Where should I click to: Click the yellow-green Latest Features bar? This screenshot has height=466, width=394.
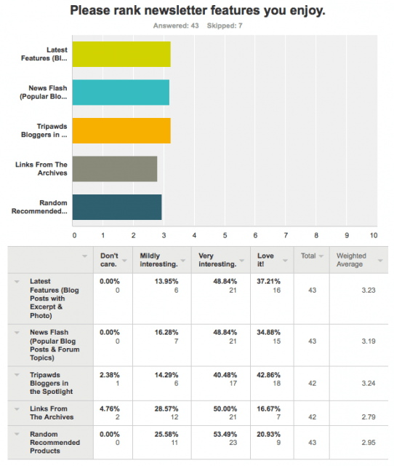coord(121,54)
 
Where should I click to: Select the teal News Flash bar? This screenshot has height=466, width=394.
coord(121,92)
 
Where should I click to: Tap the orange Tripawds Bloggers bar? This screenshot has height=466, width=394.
coord(121,131)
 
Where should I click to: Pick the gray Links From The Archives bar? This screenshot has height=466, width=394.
coord(115,169)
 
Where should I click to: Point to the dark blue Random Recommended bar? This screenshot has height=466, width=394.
coord(117,207)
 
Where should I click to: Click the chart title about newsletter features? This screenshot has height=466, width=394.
coord(198,10)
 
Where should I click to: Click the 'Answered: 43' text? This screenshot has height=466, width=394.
coord(176,26)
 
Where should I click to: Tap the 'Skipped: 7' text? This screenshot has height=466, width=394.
coord(225,26)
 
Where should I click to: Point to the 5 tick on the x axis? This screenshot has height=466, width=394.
coord(225,235)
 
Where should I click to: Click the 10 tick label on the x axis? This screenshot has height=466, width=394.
coord(374,235)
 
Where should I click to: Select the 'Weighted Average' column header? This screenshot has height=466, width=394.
coord(351,260)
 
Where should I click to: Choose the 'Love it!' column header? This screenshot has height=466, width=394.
coord(265,260)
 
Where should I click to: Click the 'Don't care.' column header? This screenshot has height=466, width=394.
coord(109,260)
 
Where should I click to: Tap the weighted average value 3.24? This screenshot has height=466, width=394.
coord(369,384)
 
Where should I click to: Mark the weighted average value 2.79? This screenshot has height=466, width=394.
coord(369,417)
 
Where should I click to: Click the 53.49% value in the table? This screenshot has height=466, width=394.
coord(225,434)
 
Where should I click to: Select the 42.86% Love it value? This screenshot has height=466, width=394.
coord(268,375)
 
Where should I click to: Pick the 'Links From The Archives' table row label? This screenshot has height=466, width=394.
coord(52,413)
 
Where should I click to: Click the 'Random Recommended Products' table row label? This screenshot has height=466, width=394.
coord(55,443)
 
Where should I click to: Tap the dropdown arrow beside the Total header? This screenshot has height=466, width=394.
coord(321,256)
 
